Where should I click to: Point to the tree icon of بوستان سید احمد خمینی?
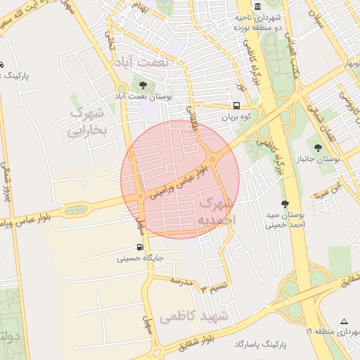pyautogui.click(x=285, y=203)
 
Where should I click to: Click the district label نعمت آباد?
pyautogui.click(x=144, y=62)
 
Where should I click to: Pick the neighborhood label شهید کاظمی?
pyautogui.click(x=195, y=316)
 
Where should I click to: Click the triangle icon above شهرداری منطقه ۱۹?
pyautogui.click(x=343, y=320)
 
